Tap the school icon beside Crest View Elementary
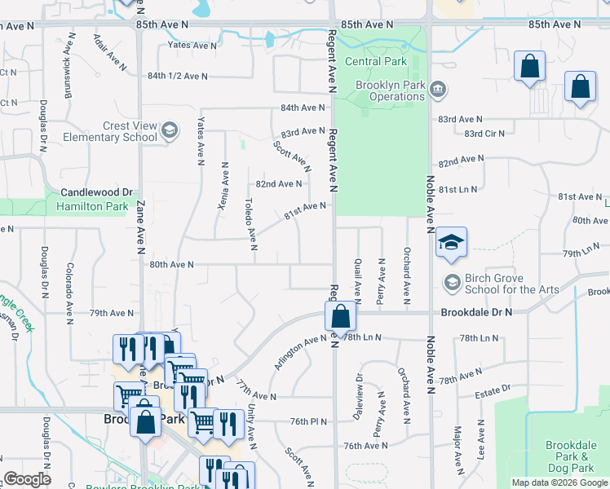[x=170, y=130]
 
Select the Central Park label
[x=374, y=61]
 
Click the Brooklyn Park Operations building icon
[x=438, y=88]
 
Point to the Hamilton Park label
[x=92, y=207]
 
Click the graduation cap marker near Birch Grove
[x=451, y=243]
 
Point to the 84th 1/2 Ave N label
[x=178, y=76]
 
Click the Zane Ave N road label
[x=140, y=224]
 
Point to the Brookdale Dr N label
[x=477, y=312]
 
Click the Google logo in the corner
[x=28, y=479]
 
